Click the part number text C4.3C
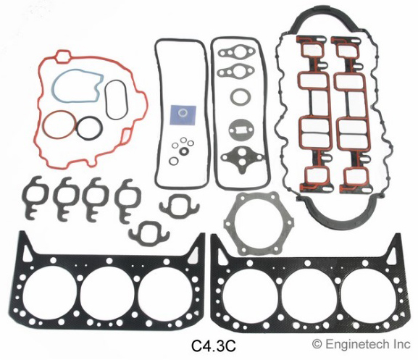point(214,346)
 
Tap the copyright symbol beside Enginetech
point(317,344)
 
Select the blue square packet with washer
point(183,115)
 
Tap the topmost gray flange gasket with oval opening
point(224,53)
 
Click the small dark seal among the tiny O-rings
point(183,151)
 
